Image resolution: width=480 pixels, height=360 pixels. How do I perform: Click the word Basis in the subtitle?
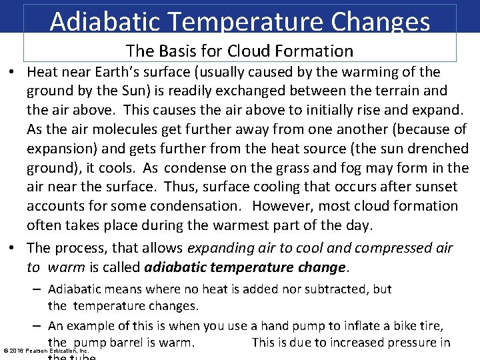[x=177, y=51]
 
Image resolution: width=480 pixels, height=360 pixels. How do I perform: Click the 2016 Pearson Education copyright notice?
[x=46, y=350]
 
